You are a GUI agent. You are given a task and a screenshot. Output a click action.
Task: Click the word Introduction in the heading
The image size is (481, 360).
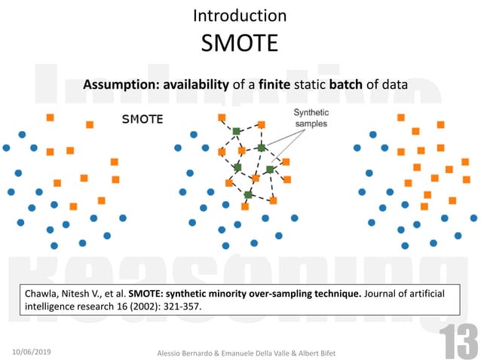[x=240, y=15]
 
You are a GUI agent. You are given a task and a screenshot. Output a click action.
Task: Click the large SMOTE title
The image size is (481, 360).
[x=240, y=42]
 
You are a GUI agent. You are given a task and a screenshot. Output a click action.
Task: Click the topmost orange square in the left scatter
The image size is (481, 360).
[x=50, y=117]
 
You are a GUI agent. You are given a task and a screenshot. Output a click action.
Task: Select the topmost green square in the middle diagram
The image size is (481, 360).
[x=236, y=131]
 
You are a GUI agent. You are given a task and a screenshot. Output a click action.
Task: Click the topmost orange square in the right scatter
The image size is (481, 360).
[x=401, y=117]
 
